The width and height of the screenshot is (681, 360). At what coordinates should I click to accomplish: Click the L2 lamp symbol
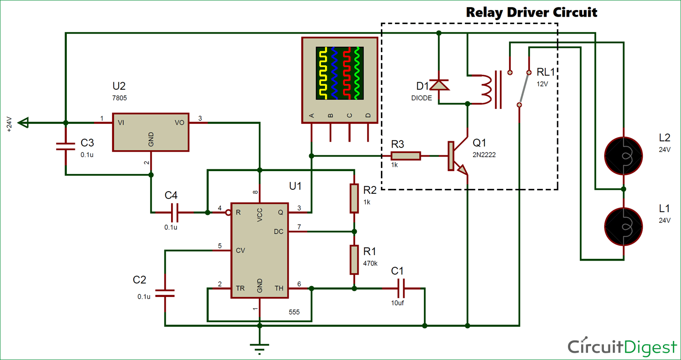click(623, 156)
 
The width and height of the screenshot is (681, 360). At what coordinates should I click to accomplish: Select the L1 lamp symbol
click(623, 227)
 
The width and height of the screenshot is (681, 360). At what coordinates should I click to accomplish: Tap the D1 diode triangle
click(439, 85)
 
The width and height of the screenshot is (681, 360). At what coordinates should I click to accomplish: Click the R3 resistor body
click(405, 156)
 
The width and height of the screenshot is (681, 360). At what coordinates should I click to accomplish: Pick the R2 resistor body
click(354, 198)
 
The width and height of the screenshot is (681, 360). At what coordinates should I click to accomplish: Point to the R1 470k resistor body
click(354, 260)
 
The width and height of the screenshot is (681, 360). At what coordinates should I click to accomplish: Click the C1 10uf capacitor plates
click(401, 288)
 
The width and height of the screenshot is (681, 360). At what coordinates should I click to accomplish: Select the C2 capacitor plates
click(165, 293)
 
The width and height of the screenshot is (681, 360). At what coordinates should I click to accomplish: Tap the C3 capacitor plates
click(66, 147)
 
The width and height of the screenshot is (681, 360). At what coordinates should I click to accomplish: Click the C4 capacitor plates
click(174, 212)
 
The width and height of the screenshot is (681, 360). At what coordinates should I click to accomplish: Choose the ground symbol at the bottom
click(259, 349)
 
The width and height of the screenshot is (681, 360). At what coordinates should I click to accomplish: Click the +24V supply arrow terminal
click(23, 123)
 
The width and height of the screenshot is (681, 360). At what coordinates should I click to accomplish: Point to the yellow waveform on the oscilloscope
click(323, 73)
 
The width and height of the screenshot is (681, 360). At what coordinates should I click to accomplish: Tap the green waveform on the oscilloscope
click(357, 73)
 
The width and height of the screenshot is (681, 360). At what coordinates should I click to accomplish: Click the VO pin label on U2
click(179, 123)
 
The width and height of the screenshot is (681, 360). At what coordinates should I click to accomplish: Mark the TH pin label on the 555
click(279, 288)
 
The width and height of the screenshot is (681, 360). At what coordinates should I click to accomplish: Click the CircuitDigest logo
click(622, 347)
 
